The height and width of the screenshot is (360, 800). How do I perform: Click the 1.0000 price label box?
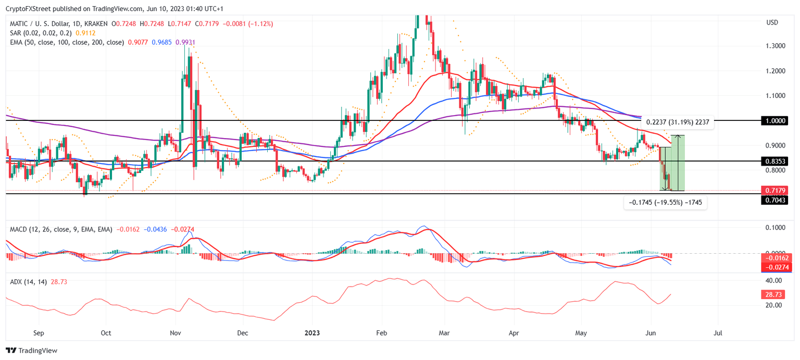tap(774, 121)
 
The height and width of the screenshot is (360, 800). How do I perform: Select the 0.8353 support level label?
tap(774, 162)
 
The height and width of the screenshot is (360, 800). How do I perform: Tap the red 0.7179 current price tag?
tap(774, 190)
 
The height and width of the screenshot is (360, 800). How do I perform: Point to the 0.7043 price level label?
tap(774, 200)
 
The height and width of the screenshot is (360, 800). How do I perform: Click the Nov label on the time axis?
tap(175, 332)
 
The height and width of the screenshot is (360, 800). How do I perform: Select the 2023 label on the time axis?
tap(312, 332)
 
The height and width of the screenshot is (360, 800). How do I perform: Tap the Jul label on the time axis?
tap(718, 332)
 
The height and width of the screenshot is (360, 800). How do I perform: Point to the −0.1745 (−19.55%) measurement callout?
tap(665, 203)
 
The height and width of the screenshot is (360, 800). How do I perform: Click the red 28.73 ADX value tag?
tap(774, 294)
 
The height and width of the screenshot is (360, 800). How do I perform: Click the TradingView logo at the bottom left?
tap(31, 351)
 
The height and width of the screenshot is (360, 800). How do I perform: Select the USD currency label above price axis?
tap(772, 23)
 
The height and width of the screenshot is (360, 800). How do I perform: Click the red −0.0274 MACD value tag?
tap(774, 267)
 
